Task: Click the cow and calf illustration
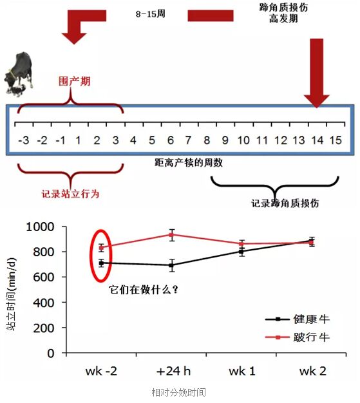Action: point(19,74)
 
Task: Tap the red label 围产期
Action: point(74,81)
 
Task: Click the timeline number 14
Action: point(317,140)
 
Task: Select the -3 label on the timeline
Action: point(24,140)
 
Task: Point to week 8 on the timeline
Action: point(207,140)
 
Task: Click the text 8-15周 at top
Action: point(151,14)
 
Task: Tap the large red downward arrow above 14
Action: point(317,73)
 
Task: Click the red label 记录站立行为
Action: point(70,194)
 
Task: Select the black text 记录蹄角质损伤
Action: point(285,203)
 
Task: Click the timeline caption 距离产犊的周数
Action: point(189,163)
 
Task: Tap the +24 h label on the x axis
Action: point(173,371)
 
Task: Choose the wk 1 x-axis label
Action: point(242,371)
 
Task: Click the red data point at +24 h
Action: point(172,235)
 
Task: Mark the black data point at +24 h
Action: point(172,265)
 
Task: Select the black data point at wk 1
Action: point(242,251)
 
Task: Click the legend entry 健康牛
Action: point(298,319)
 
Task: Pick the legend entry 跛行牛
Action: point(298,337)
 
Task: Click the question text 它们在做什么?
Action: point(143,290)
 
